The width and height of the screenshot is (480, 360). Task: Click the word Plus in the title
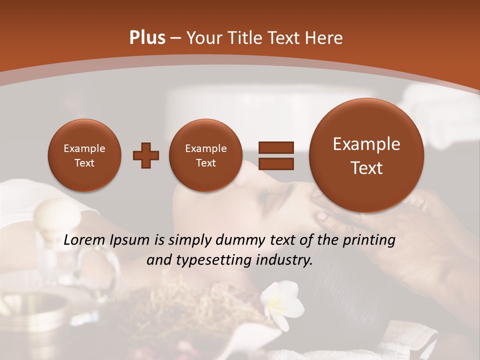[x=147, y=38]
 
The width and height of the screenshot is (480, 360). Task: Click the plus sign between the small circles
[x=145, y=155]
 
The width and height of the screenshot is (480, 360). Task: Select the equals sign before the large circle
[x=275, y=155]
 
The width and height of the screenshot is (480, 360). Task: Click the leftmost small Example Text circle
[x=84, y=155]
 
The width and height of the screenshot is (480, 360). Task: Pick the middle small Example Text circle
[x=205, y=155]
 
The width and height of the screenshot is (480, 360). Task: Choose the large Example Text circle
[x=366, y=155]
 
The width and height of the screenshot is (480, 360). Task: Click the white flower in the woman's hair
[x=283, y=302]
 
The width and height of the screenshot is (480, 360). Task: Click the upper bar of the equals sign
[x=275, y=147]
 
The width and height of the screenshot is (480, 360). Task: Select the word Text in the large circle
[x=366, y=168]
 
